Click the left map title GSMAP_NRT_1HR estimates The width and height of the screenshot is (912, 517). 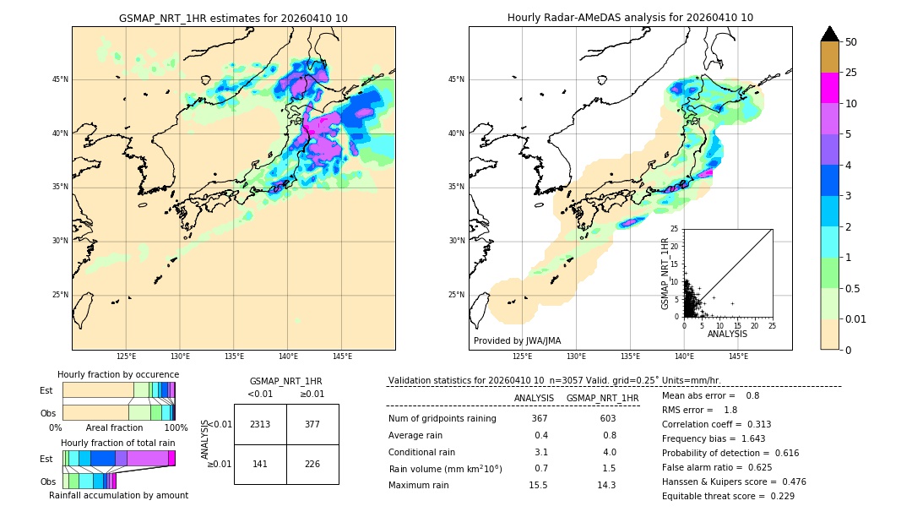233,18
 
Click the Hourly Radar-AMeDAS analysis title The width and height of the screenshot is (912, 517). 630,18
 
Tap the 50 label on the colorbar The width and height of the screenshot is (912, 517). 851,42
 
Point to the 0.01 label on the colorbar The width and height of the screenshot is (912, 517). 856,318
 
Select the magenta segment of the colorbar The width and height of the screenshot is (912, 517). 829,88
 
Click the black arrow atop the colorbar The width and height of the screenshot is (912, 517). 829,34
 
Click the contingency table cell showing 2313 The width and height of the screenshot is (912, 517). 260,424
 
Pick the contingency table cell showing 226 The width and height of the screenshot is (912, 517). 312,464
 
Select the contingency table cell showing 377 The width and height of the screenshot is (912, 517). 312,424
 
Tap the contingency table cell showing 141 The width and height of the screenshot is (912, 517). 260,464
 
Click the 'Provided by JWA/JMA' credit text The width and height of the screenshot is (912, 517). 517,340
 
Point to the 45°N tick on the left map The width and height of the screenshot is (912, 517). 60,79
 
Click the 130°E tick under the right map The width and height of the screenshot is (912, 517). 577,356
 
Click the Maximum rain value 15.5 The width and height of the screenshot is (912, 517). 540,485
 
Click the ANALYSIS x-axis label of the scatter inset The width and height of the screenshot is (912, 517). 727,334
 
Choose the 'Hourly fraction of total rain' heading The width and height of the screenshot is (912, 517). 117,443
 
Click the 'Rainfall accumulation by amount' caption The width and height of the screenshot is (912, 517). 118,495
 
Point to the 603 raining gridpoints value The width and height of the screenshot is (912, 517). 607,419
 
